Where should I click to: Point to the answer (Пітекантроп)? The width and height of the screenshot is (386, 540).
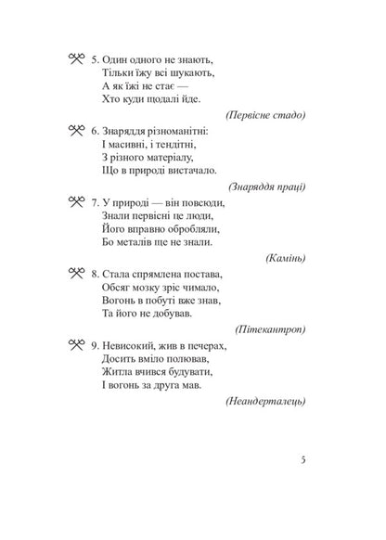275,329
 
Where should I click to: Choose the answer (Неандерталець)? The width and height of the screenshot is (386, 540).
266,401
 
